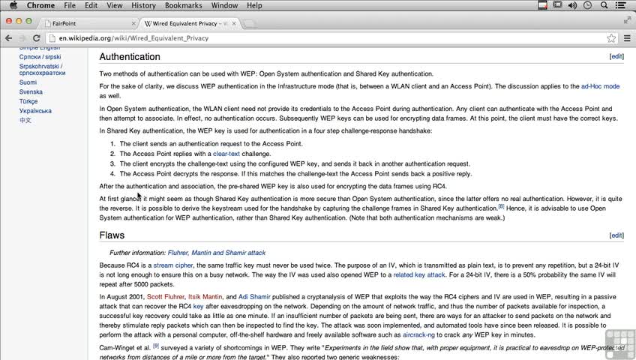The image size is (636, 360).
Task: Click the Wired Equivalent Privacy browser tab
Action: coord(190,23)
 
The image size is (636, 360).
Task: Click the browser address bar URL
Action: coord(129,38)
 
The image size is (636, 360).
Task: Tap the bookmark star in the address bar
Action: coord(611,38)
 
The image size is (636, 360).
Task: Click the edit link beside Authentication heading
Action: coord(616,56)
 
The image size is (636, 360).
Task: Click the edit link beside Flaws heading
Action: coord(616,235)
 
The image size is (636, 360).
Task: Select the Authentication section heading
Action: coord(130,57)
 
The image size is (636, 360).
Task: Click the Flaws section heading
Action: coord(112,235)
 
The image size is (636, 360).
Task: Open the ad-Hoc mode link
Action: coord(600,86)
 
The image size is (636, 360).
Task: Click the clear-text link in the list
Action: coord(226,154)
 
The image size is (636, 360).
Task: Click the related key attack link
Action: coord(418,274)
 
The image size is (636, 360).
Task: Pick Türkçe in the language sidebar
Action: coord(28,101)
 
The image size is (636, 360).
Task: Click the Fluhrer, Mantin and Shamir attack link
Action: coord(216,253)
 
